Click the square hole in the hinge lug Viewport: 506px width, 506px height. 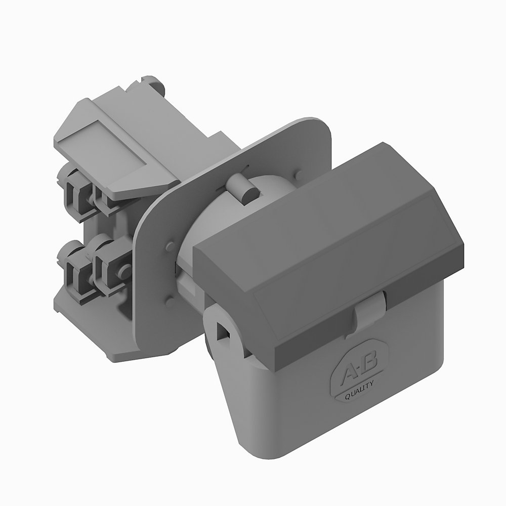pyautogui.click(x=222, y=331)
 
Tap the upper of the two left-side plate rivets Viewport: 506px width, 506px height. pyautogui.click(x=167, y=247)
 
